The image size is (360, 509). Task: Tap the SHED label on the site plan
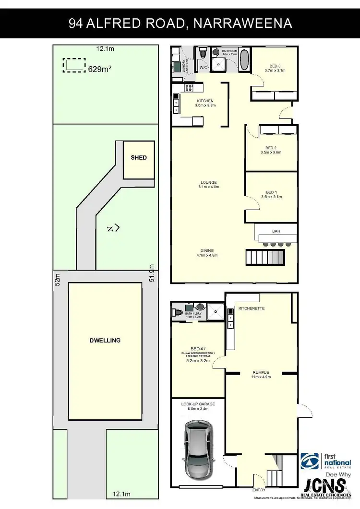pos(139,158)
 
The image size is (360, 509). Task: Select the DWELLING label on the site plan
pos(105,340)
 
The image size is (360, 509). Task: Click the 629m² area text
pos(100,69)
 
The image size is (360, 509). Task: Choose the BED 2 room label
pos(271,148)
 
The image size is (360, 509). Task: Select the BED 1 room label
pos(271,192)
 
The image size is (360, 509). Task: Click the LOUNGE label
pos(209,182)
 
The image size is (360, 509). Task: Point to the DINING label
pos(207,250)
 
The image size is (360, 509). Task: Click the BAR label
pos(276,231)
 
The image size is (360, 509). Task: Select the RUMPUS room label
pos(261,372)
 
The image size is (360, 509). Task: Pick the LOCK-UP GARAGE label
pos(198,404)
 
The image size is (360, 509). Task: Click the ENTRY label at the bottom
pos(259,490)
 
